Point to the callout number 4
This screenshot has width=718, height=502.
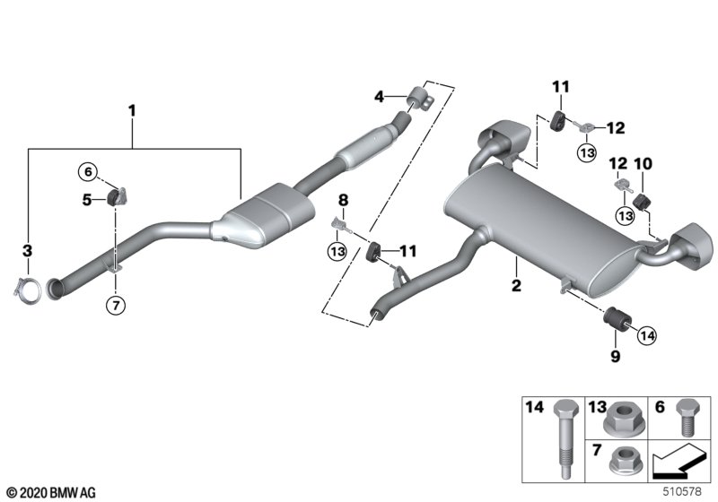coord(380,95)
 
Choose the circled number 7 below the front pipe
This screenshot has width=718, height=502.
coord(116,305)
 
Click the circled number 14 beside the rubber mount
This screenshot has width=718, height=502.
coord(648,335)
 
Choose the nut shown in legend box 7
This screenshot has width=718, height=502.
coord(618,462)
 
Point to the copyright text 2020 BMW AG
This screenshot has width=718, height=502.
coord(50,493)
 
